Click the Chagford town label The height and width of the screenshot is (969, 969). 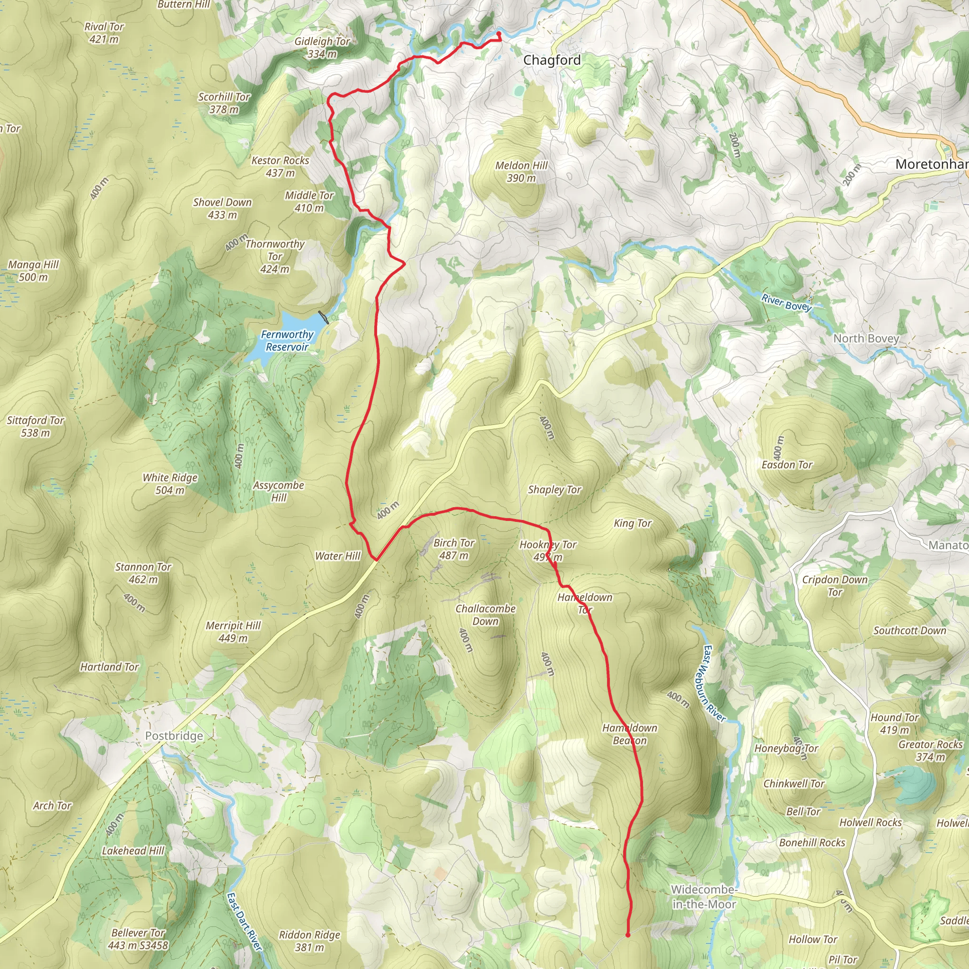(x=552, y=60)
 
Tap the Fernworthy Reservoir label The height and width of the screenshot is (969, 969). (x=287, y=341)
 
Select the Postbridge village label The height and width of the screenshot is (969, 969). (x=174, y=736)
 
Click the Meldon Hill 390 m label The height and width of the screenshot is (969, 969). (x=521, y=172)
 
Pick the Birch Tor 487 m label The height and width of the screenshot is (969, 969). (x=453, y=549)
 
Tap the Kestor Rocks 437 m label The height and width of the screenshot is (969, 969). (x=280, y=167)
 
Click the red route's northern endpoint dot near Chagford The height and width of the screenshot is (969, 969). (x=499, y=34)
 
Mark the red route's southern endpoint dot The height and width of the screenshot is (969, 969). (x=627, y=935)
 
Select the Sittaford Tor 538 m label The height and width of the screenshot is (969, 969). (x=35, y=426)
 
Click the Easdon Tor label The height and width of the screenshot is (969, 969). (x=787, y=465)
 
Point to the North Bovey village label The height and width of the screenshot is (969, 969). (x=866, y=339)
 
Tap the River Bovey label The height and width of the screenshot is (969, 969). (x=786, y=303)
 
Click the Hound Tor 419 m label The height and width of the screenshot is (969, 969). (x=895, y=723)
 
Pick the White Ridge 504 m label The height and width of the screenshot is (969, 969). (x=170, y=484)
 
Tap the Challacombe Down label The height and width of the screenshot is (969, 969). (x=485, y=615)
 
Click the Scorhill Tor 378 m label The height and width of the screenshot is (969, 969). (x=224, y=103)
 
